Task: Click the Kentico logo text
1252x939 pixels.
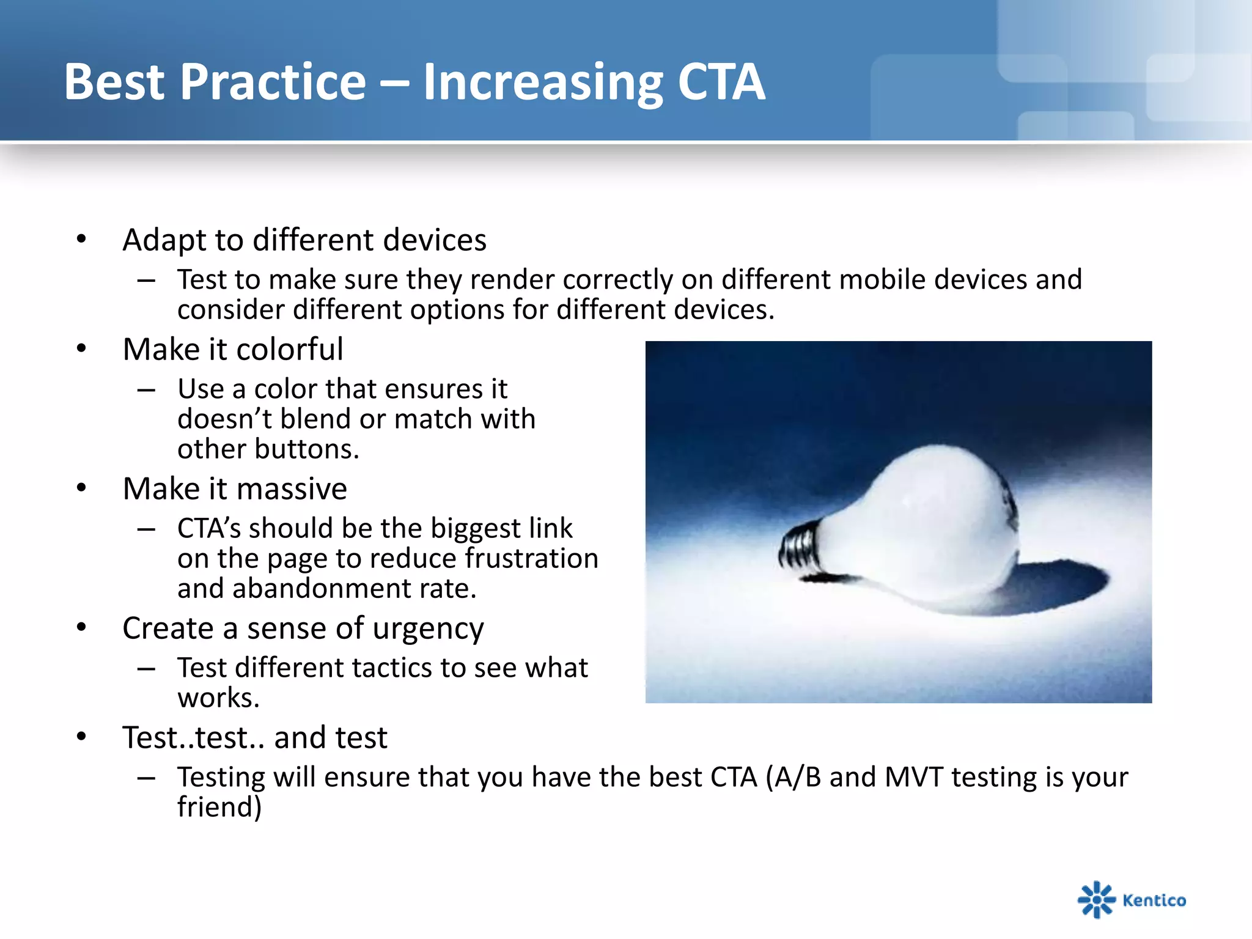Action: pos(1154,900)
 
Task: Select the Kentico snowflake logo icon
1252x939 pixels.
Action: pos(1095,899)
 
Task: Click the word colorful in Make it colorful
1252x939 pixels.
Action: pos(289,350)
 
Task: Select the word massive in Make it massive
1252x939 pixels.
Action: pos(292,489)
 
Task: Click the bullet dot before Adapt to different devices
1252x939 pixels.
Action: pos(81,239)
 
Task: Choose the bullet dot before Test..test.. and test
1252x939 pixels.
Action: pos(81,737)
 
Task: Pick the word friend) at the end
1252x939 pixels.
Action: pos(219,807)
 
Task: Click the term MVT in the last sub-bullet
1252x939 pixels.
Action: pos(913,778)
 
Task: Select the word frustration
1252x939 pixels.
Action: pos(531,559)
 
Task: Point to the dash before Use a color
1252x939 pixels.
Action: pos(146,389)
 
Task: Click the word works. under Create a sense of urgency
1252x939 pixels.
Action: pos(218,698)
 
